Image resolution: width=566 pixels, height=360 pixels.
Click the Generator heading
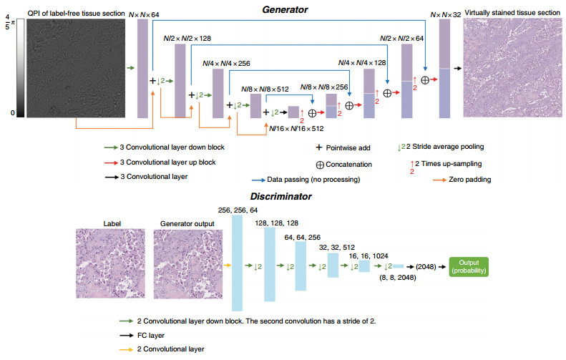coord(285,10)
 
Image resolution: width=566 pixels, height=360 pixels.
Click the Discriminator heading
coord(280,196)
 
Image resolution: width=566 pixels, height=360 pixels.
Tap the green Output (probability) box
coord(469,267)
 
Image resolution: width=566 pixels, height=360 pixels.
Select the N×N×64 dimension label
coord(144,15)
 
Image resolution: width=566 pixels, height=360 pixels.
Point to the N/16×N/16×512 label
coord(296,129)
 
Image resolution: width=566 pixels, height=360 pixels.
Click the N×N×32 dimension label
coord(446,15)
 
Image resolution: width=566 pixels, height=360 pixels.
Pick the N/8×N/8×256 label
coord(324,87)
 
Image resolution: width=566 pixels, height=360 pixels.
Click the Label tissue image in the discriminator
coord(110,263)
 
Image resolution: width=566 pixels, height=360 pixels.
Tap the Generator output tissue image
coord(188,263)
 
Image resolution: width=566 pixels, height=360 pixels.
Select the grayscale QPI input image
coord(76,68)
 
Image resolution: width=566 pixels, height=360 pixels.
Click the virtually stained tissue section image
coord(512,67)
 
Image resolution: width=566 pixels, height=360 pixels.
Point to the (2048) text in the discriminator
coord(426,267)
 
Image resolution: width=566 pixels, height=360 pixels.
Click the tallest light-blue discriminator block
coord(237,263)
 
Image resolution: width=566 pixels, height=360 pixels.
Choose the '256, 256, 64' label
coord(238,210)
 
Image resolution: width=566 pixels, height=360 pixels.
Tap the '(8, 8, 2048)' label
coord(397,278)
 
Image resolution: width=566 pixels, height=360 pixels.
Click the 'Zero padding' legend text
coord(469,180)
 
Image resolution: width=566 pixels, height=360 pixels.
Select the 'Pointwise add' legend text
coord(348,148)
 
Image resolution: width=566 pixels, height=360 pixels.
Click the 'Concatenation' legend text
coord(348,165)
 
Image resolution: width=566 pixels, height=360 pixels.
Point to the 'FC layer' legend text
coord(151,336)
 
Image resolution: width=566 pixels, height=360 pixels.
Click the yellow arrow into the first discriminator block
coord(227,266)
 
